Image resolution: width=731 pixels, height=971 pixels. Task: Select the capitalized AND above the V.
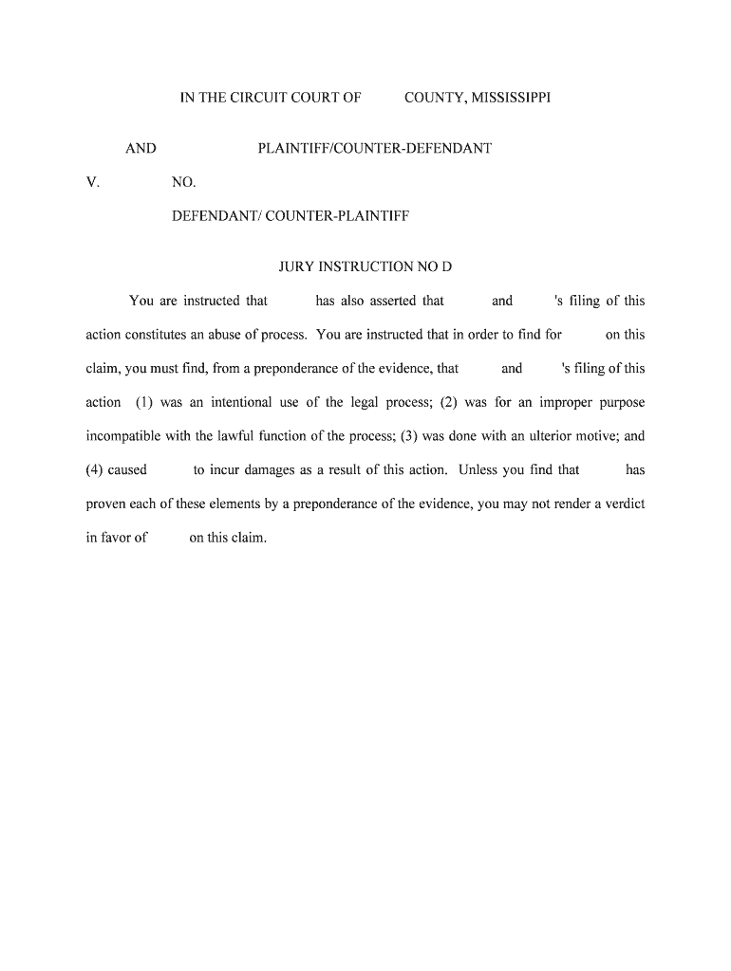141,148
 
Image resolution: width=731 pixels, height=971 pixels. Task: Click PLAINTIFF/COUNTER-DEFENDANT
374,148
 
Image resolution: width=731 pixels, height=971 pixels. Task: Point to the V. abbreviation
92,182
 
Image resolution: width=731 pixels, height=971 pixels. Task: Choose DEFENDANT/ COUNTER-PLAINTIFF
290,216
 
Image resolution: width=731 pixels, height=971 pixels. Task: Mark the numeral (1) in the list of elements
144,402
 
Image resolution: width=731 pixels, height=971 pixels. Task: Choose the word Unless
478,469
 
